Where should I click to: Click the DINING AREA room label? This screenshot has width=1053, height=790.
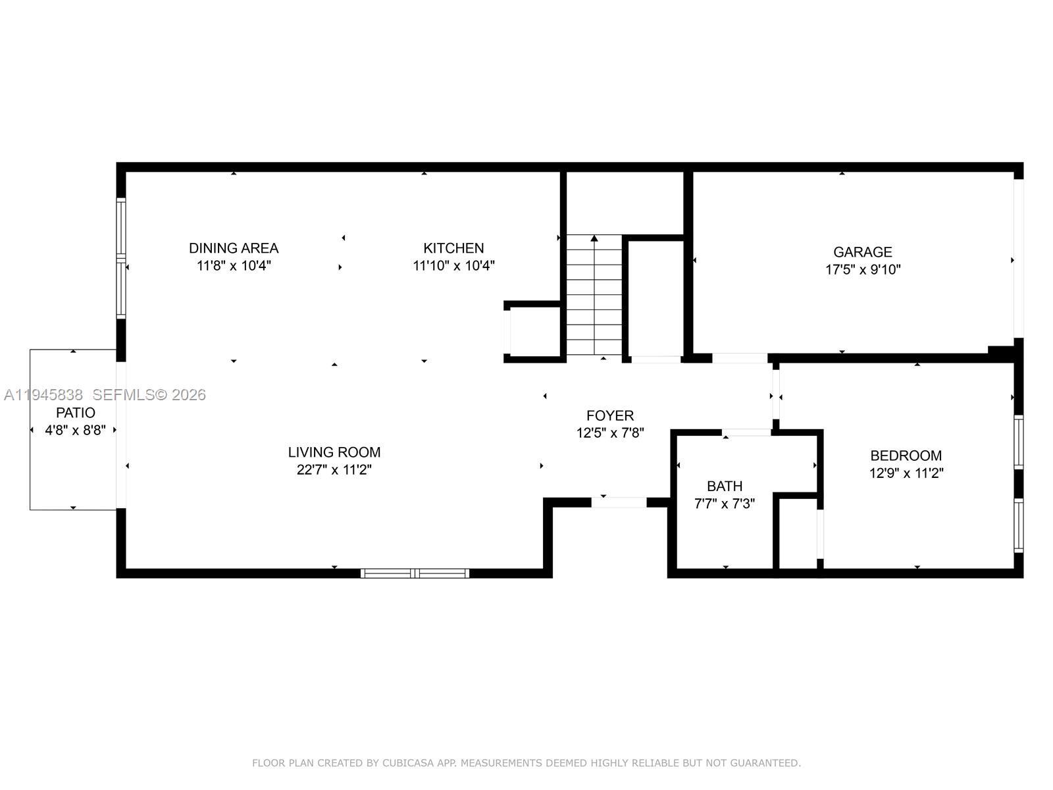tap(234, 248)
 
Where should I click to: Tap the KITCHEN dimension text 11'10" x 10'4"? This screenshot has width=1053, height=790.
tap(453, 266)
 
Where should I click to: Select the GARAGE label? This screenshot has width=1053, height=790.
tap(862, 252)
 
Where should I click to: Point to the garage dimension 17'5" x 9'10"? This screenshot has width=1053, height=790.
tap(862, 269)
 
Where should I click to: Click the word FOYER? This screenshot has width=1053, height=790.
tap(610, 415)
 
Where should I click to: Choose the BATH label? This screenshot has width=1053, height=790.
tap(725, 487)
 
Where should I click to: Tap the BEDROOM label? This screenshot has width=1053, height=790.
tap(906, 456)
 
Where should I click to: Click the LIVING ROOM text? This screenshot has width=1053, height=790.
tap(334, 452)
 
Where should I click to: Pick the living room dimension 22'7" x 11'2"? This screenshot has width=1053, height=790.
tap(334, 470)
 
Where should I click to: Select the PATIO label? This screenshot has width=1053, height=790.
tap(75, 413)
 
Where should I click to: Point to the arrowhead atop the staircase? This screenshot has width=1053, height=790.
tap(594, 238)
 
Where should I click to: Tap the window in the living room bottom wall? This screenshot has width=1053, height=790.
tap(415, 573)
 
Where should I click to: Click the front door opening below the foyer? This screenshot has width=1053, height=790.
tap(619, 502)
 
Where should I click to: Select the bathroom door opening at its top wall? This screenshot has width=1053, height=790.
tap(747, 433)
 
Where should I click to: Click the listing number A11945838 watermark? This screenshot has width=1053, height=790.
tap(43, 395)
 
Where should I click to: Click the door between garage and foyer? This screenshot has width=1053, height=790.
tap(740, 358)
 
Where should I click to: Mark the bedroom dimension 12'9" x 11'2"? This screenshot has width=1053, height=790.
tap(906, 473)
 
